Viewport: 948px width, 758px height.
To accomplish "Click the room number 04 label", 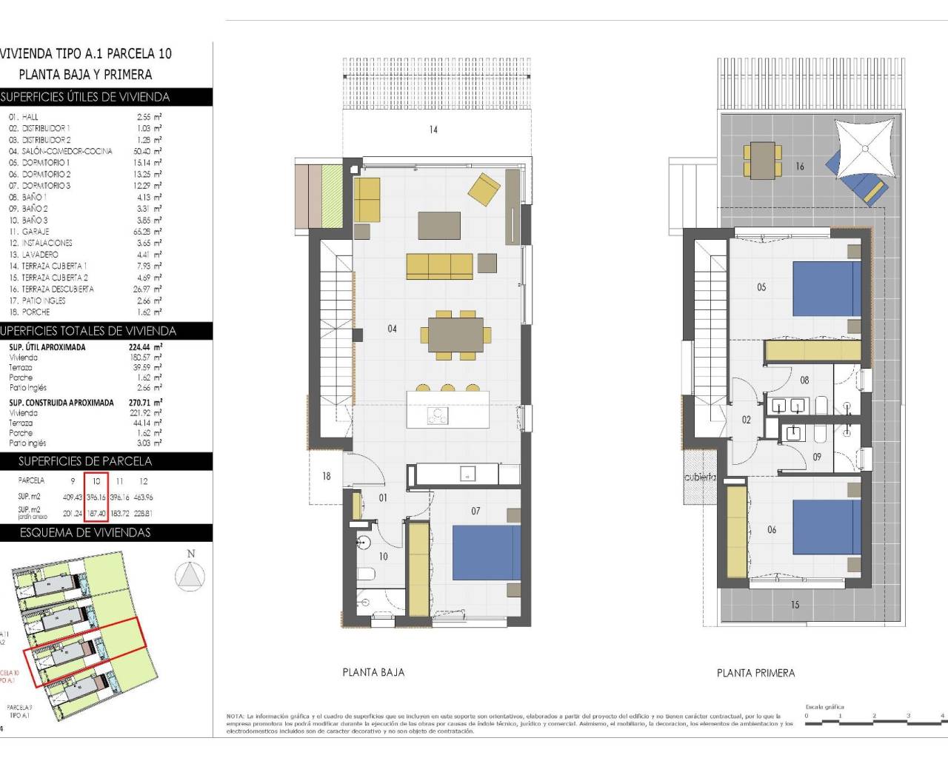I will click(x=392, y=329).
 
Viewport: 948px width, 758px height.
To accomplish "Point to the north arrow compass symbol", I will click(x=190, y=574).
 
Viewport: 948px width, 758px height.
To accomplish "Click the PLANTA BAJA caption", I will click(x=373, y=673).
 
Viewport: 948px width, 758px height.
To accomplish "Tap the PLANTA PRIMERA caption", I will click(x=755, y=674).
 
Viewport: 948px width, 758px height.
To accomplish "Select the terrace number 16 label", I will click(x=799, y=167).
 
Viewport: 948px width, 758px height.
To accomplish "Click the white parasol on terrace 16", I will click(x=864, y=148).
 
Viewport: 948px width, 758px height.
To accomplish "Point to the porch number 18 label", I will click(x=326, y=477).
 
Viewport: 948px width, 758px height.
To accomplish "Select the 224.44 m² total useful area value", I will click(x=145, y=347).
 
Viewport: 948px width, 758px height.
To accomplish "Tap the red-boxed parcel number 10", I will click(x=96, y=481).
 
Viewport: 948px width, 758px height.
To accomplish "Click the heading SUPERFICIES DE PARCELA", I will click(x=85, y=461).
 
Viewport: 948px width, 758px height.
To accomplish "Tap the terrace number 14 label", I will click(x=433, y=130).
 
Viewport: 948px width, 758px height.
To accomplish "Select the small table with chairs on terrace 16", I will click(x=762, y=160).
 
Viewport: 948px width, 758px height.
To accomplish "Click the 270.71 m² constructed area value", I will click(x=145, y=403).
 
